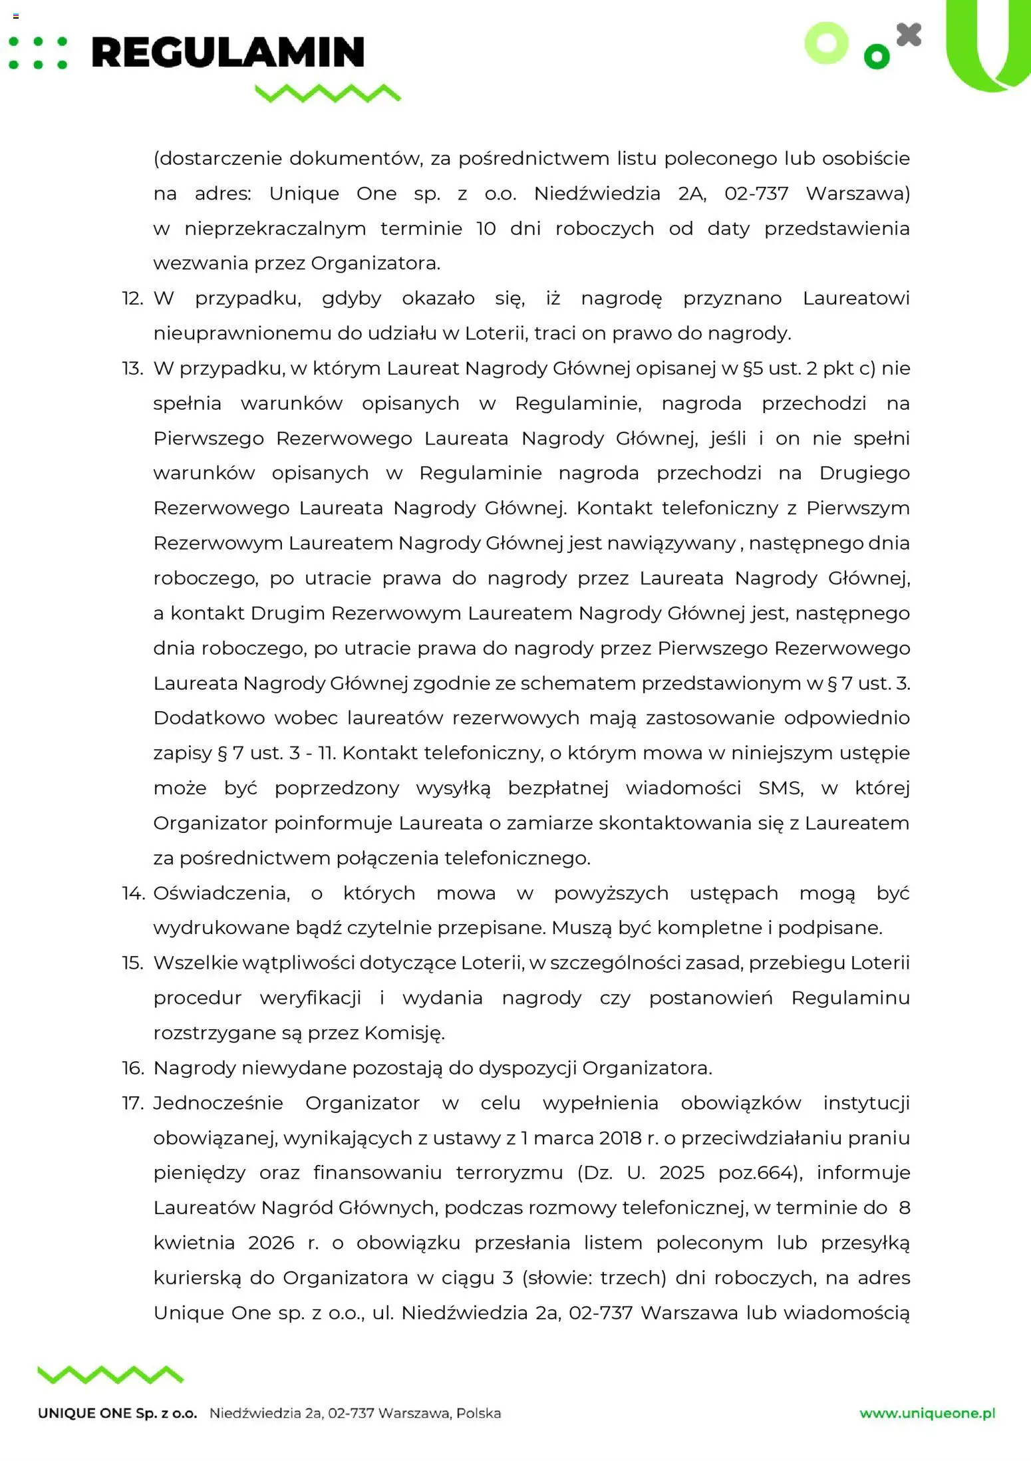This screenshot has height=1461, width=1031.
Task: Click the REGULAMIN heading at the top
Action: [x=227, y=53]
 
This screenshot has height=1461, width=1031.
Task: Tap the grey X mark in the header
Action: [x=909, y=35]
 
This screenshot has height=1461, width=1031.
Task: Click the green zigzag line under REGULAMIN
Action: [x=328, y=93]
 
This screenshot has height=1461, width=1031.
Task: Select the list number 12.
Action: [x=132, y=299]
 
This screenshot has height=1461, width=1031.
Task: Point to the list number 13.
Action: [x=132, y=369]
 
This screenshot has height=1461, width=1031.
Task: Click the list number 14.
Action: [x=132, y=893]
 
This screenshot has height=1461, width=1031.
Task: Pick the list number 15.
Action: [x=132, y=963]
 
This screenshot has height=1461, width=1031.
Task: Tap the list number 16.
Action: [x=132, y=1068]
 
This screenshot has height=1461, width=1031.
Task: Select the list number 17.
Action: [x=132, y=1103]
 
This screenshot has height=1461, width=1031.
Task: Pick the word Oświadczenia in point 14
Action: [x=221, y=893]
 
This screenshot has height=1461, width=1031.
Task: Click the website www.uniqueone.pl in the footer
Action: [x=927, y=1413]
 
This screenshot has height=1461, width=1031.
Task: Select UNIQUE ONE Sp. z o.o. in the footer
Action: [x=118, y=1413]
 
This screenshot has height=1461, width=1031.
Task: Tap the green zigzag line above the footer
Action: [x=110, y=1375]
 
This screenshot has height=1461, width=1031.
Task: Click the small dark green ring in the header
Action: [x=876, y=57]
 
